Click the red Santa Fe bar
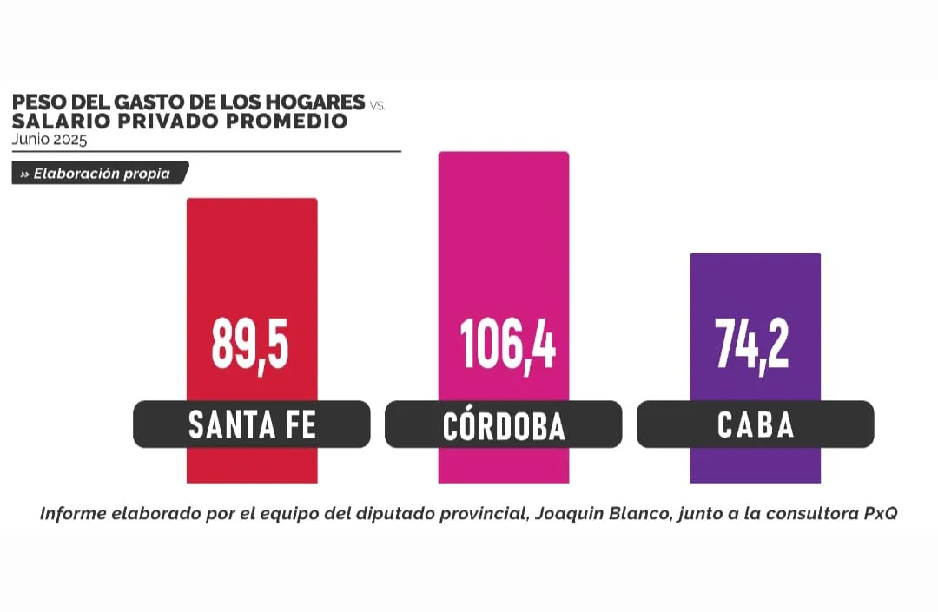click(x=252, y=260)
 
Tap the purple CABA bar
click(x=755, y=286)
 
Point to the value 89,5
click(x=250, y=343)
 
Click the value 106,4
click(x=507, y=343)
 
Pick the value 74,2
click(x=752, y=343)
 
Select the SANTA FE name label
click(x=252, y=424)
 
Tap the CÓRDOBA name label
click(x=504, y=425)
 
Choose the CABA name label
click(x=756, y=424)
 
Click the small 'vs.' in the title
click(x=377, y=105)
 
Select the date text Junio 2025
click(x=50, y=138)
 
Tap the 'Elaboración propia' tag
click(x=100, y=174)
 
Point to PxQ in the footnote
click(x=879, y=513)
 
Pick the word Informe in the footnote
click(x=73, y=513)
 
